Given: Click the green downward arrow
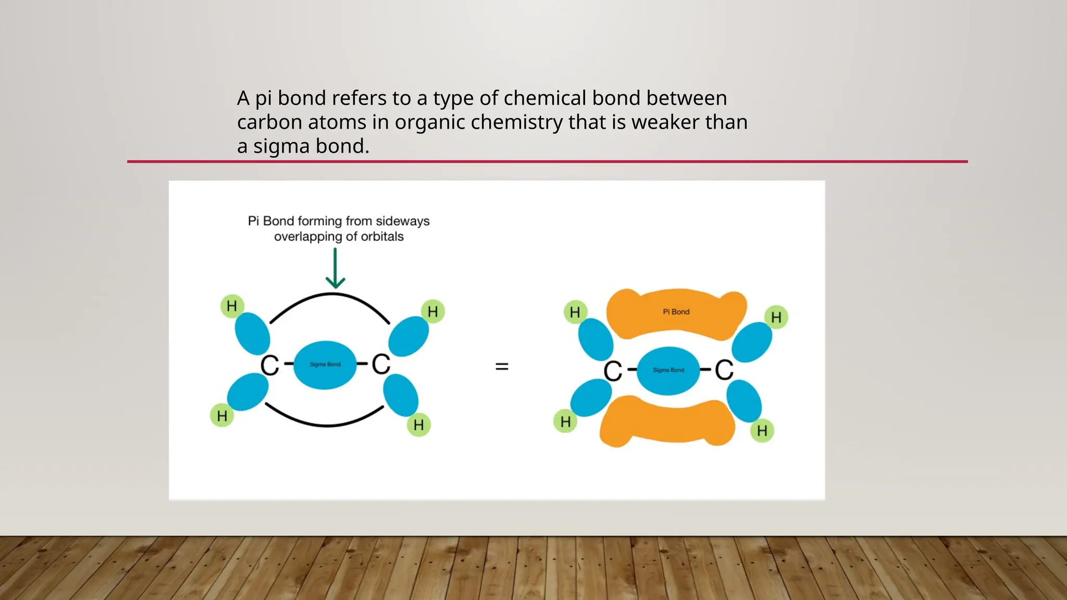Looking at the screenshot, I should pos(335,268).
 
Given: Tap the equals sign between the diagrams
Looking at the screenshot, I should pos(502,367).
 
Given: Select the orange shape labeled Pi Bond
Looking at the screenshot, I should pos(676,313).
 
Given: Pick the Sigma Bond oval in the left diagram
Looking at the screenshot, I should pos(325,365).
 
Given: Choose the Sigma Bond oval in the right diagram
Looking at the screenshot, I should pos(668,370).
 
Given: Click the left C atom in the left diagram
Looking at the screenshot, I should pos(270,365).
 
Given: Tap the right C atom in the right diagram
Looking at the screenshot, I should pos(724,370).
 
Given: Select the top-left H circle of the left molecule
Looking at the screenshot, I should pos(232,306).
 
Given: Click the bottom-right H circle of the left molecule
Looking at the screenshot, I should pos(418,425).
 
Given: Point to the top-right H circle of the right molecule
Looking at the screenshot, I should pos(776,317).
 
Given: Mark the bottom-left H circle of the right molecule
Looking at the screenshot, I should pos(565,421).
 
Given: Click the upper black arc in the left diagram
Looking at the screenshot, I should pos(330,295).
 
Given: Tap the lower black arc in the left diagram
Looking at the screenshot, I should pos(326,424).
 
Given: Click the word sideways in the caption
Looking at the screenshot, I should pos(402,221).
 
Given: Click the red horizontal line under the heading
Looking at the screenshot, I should pos(547,161).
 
